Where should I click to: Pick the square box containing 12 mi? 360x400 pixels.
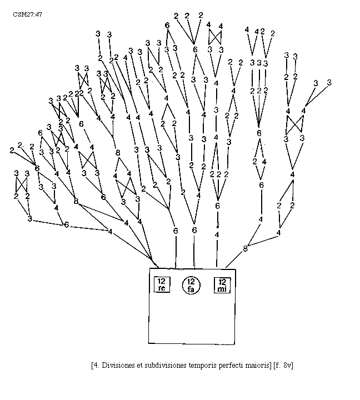222,284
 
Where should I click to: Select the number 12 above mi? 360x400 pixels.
222,280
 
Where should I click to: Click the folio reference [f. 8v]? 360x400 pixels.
284,365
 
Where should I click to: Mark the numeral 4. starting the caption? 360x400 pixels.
95,365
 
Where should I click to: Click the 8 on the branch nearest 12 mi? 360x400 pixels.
245,248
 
